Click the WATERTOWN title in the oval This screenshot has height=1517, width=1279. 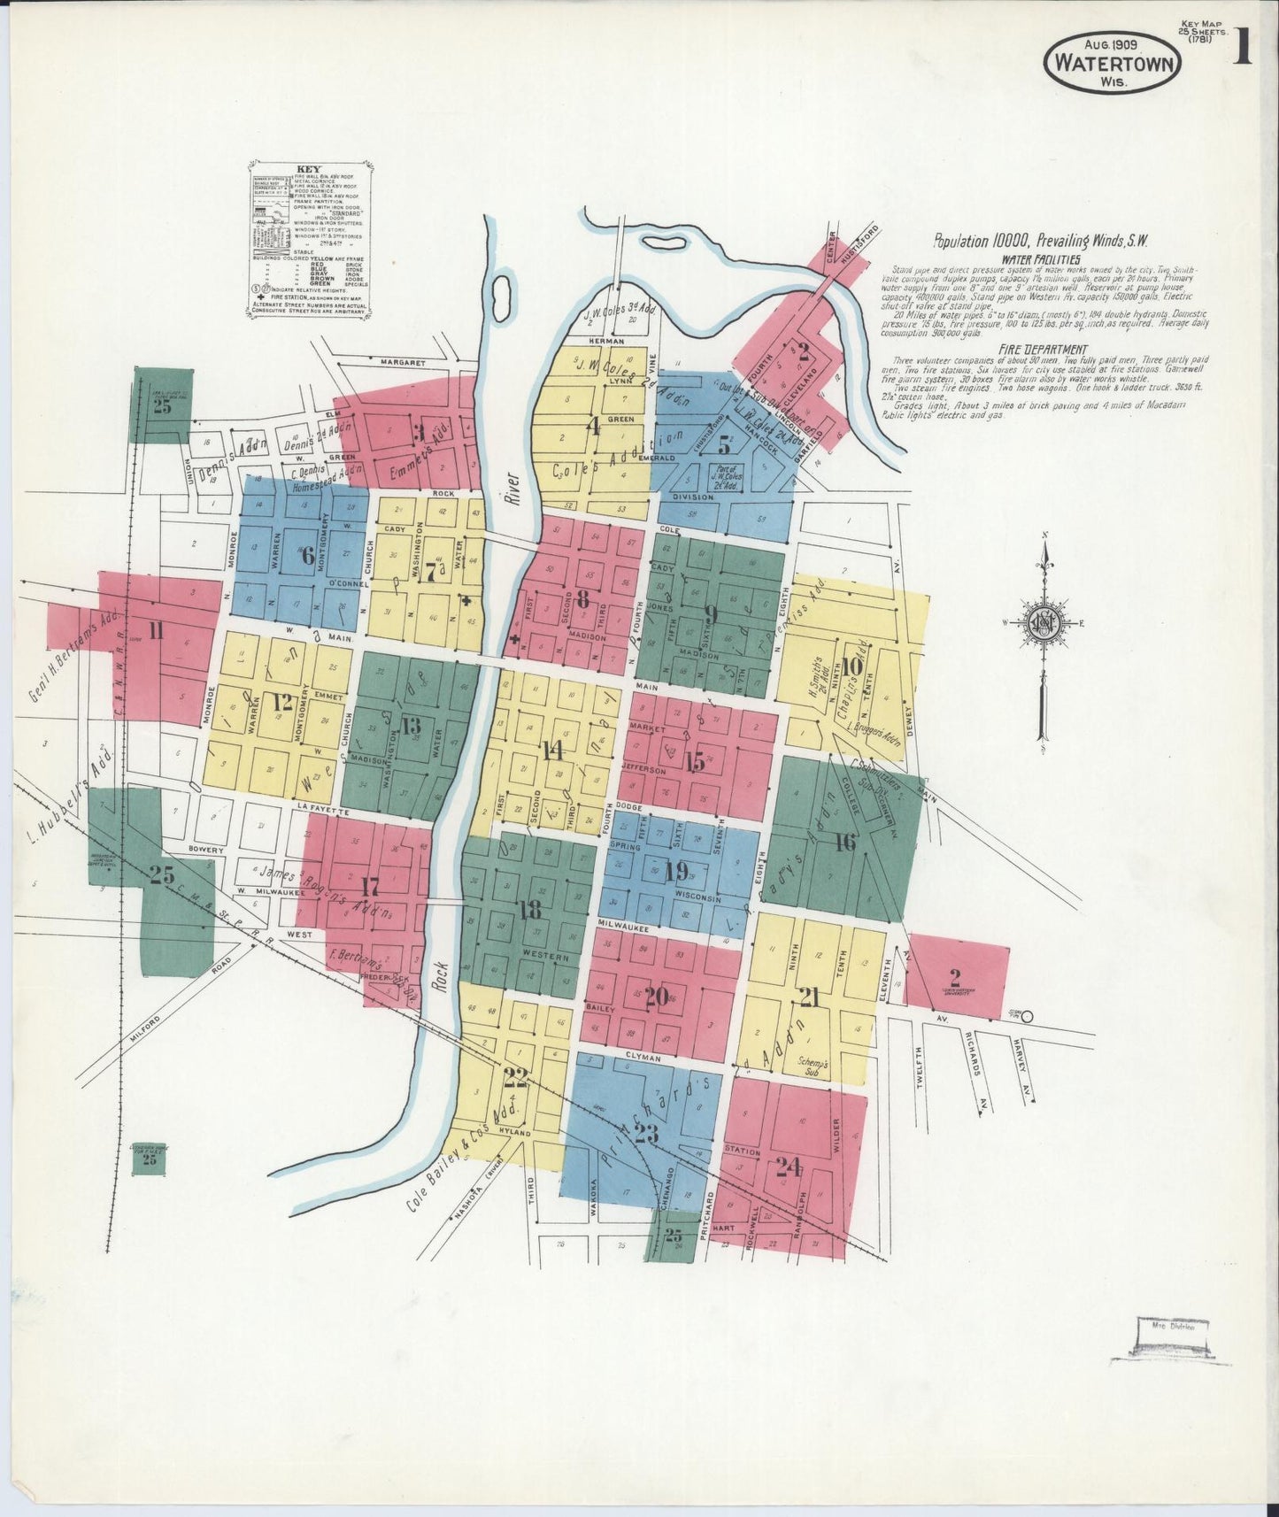(1113, 63)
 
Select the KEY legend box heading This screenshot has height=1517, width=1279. (309, 169)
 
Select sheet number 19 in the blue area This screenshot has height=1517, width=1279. (676, 871)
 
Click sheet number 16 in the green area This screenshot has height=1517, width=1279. (844, 842)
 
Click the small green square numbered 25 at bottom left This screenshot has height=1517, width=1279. (149, 1159)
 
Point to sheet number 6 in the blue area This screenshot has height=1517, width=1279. (307, 557)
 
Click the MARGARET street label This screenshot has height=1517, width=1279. (403, 363)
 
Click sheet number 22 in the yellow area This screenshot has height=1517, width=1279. (515, 1077)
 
